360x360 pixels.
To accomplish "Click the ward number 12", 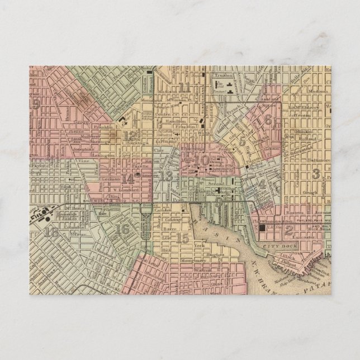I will tap(129, 135).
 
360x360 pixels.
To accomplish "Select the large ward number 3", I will tap(316, 174).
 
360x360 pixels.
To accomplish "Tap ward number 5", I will tap(241, 142).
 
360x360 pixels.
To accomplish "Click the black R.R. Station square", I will tap(263, 227).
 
